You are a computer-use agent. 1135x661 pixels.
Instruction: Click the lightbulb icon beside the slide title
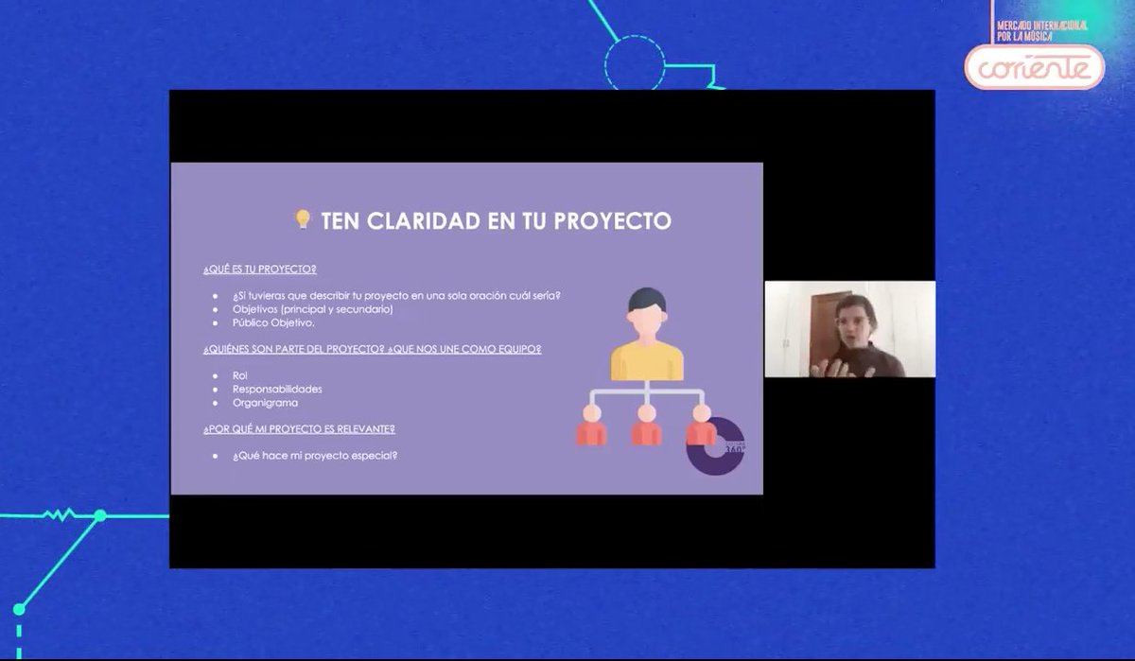point(303,219)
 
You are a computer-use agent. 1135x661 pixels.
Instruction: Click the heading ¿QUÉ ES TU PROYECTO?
point(259,270)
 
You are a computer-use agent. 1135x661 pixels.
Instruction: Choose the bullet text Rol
point(239,375)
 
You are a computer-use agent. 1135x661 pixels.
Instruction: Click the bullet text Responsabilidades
point(277,389)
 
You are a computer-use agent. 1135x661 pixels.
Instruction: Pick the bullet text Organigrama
point(265,403)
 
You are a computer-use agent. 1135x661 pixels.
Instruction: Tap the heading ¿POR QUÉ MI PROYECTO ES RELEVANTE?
point(299,429)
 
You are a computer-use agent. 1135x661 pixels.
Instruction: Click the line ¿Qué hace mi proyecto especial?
point(315,456)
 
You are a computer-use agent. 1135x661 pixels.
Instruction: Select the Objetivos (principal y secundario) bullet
point(312,309)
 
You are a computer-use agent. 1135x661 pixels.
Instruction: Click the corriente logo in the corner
point(1034,66)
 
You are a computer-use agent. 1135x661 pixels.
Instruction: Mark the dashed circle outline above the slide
point(635,63)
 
